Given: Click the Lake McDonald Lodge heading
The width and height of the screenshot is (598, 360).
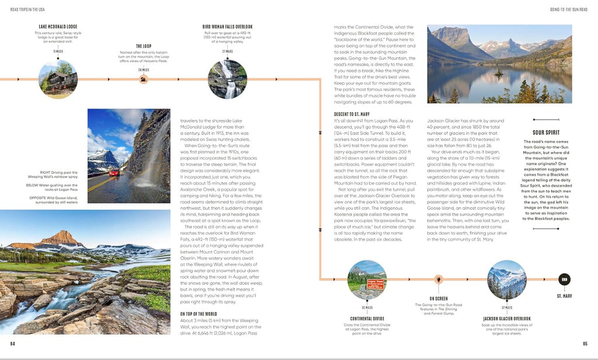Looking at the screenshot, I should (58, 26).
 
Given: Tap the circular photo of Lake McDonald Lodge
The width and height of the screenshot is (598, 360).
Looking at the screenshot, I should (58, 79).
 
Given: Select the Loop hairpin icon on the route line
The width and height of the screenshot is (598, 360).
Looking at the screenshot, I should (144, 79).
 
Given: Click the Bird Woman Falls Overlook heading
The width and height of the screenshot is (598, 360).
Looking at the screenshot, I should (228, 26).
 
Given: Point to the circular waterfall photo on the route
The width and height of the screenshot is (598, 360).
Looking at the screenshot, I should (228, 79).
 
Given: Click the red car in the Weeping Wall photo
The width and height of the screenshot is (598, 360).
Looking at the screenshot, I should (113, 172).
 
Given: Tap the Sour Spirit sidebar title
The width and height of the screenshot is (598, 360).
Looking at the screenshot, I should (546, 133).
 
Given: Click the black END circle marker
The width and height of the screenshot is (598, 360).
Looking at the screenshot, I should (565, 279).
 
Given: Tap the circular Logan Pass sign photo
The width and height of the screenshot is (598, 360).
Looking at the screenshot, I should (367, 279).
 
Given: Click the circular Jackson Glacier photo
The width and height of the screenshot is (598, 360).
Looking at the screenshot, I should (506, 279).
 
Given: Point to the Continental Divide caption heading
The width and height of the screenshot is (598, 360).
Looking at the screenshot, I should (366, 319).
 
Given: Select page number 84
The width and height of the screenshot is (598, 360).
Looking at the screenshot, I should (12, 344).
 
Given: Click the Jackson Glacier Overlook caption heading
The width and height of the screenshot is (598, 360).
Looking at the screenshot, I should (506, 319).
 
